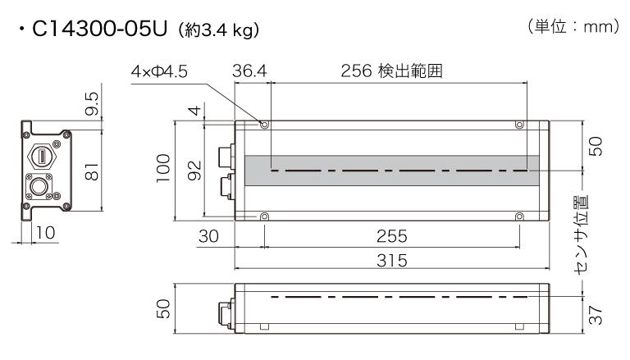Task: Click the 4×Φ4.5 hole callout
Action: pyautogui.click(x=159, y=72)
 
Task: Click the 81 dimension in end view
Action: pyautogui.click(x=93, y=171)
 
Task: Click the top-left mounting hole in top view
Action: pyautogui.click(x=264, y=125)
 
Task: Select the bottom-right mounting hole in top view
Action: pyautogui.click(x=519, y=216)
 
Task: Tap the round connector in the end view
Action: pyautogui.click(x=40, y=186)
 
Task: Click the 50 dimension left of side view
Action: pyautogui.click(x=164, y=308)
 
